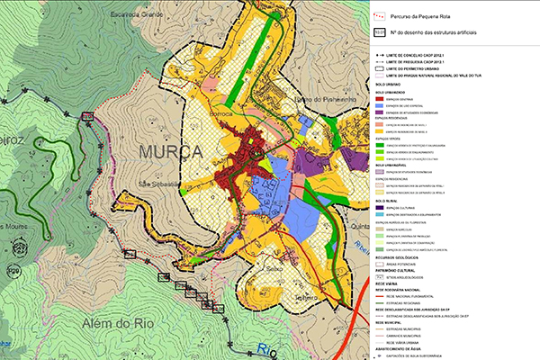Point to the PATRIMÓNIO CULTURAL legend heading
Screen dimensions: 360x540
(397, 266)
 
